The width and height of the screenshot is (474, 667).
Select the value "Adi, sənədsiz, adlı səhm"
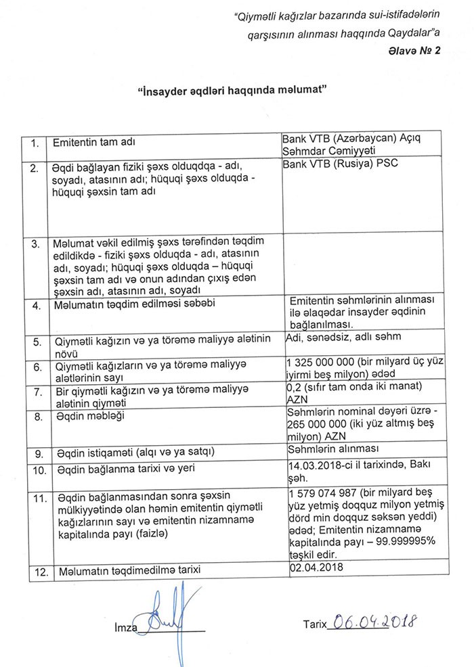point(343,336)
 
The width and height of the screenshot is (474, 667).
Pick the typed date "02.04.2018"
point(316,568)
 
